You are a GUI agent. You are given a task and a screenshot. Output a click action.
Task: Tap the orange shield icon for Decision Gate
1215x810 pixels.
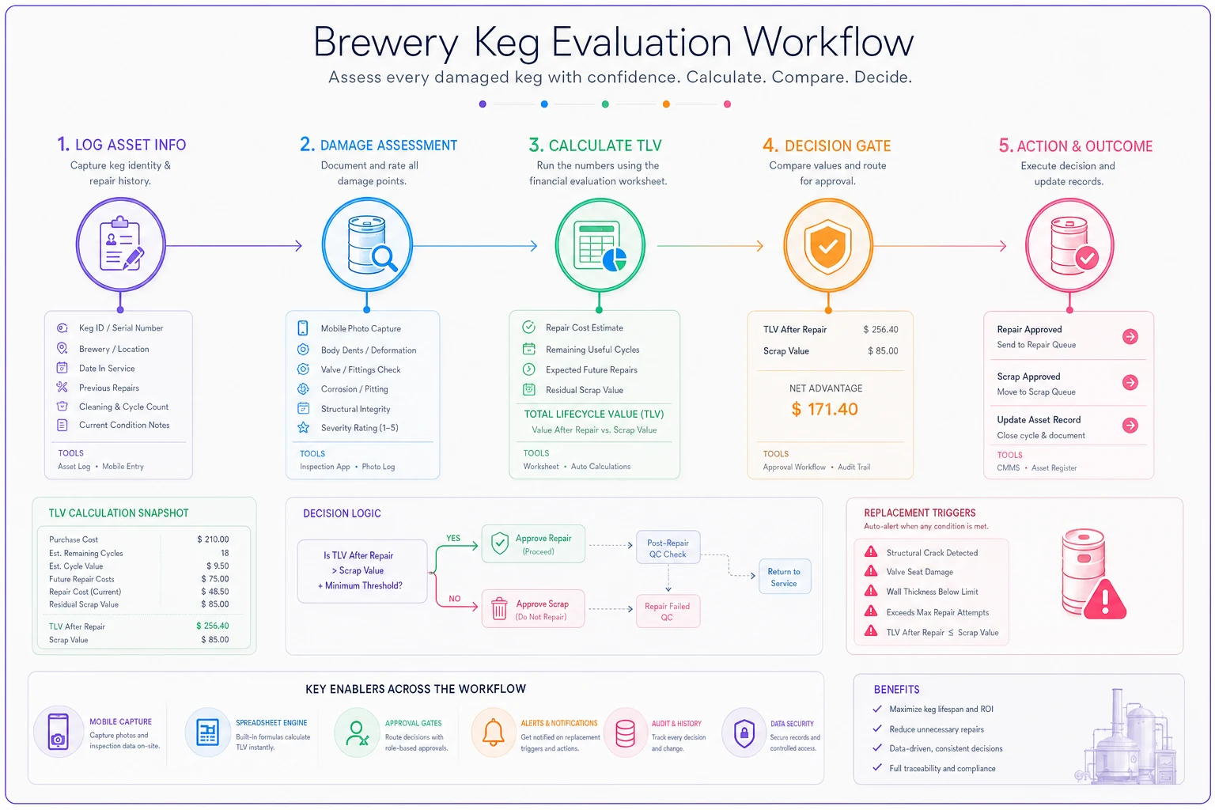coord(827,247)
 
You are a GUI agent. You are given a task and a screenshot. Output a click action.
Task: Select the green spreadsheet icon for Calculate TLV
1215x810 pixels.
coord(602,246)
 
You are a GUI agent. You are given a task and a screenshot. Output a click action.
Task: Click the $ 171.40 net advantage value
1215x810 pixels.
coord(824,409)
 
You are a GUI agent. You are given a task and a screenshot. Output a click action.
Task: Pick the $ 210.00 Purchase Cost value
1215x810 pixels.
coord(213,539)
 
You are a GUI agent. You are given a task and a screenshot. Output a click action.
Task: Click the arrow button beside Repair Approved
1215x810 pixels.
coord(1130,336)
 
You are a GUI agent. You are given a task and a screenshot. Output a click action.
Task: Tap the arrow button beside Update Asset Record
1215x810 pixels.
coord(1130,426)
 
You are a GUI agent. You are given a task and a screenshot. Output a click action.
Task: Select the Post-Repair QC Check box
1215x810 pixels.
coord(668,548)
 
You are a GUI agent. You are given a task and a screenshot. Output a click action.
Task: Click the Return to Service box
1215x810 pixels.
coord(785,577)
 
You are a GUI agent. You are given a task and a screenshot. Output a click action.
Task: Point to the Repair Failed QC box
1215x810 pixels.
coord(668,611)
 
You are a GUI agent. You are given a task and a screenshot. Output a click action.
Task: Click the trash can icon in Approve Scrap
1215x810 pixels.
coord(499,608)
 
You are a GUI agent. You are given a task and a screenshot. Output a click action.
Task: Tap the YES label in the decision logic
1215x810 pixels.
coord(453,538)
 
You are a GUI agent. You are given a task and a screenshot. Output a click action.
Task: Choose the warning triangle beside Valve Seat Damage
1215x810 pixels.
coord(871,571)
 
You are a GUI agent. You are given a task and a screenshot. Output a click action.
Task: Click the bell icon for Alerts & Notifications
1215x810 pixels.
coord(493,732)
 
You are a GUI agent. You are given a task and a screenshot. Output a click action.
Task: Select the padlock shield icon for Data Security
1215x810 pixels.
coord(744,733)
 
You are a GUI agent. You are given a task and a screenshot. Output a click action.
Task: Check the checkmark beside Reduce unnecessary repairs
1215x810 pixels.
coord(877,729)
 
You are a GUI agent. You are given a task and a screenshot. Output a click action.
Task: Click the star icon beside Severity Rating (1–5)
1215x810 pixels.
coord(303,427)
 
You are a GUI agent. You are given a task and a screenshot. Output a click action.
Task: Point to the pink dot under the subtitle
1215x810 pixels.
coord(728,104)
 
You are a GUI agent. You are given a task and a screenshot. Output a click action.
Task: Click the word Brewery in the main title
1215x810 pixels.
coord(386,42)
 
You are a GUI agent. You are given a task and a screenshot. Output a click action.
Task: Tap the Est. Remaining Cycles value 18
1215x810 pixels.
coord(225,553)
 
